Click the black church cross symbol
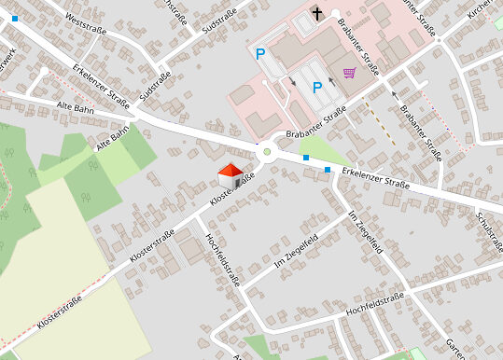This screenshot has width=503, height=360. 317,13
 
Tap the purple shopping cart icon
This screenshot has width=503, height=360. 349,73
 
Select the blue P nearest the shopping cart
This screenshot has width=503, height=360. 317,88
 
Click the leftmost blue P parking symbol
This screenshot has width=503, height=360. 261,54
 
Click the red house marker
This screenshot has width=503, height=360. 230,173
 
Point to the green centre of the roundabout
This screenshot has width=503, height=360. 267,152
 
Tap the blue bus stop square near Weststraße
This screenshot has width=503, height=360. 14,19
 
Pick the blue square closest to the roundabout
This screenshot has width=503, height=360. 305,159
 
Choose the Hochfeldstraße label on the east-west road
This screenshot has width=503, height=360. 373,301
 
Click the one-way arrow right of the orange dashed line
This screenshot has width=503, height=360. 394,94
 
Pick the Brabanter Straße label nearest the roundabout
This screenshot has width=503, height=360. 316,124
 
